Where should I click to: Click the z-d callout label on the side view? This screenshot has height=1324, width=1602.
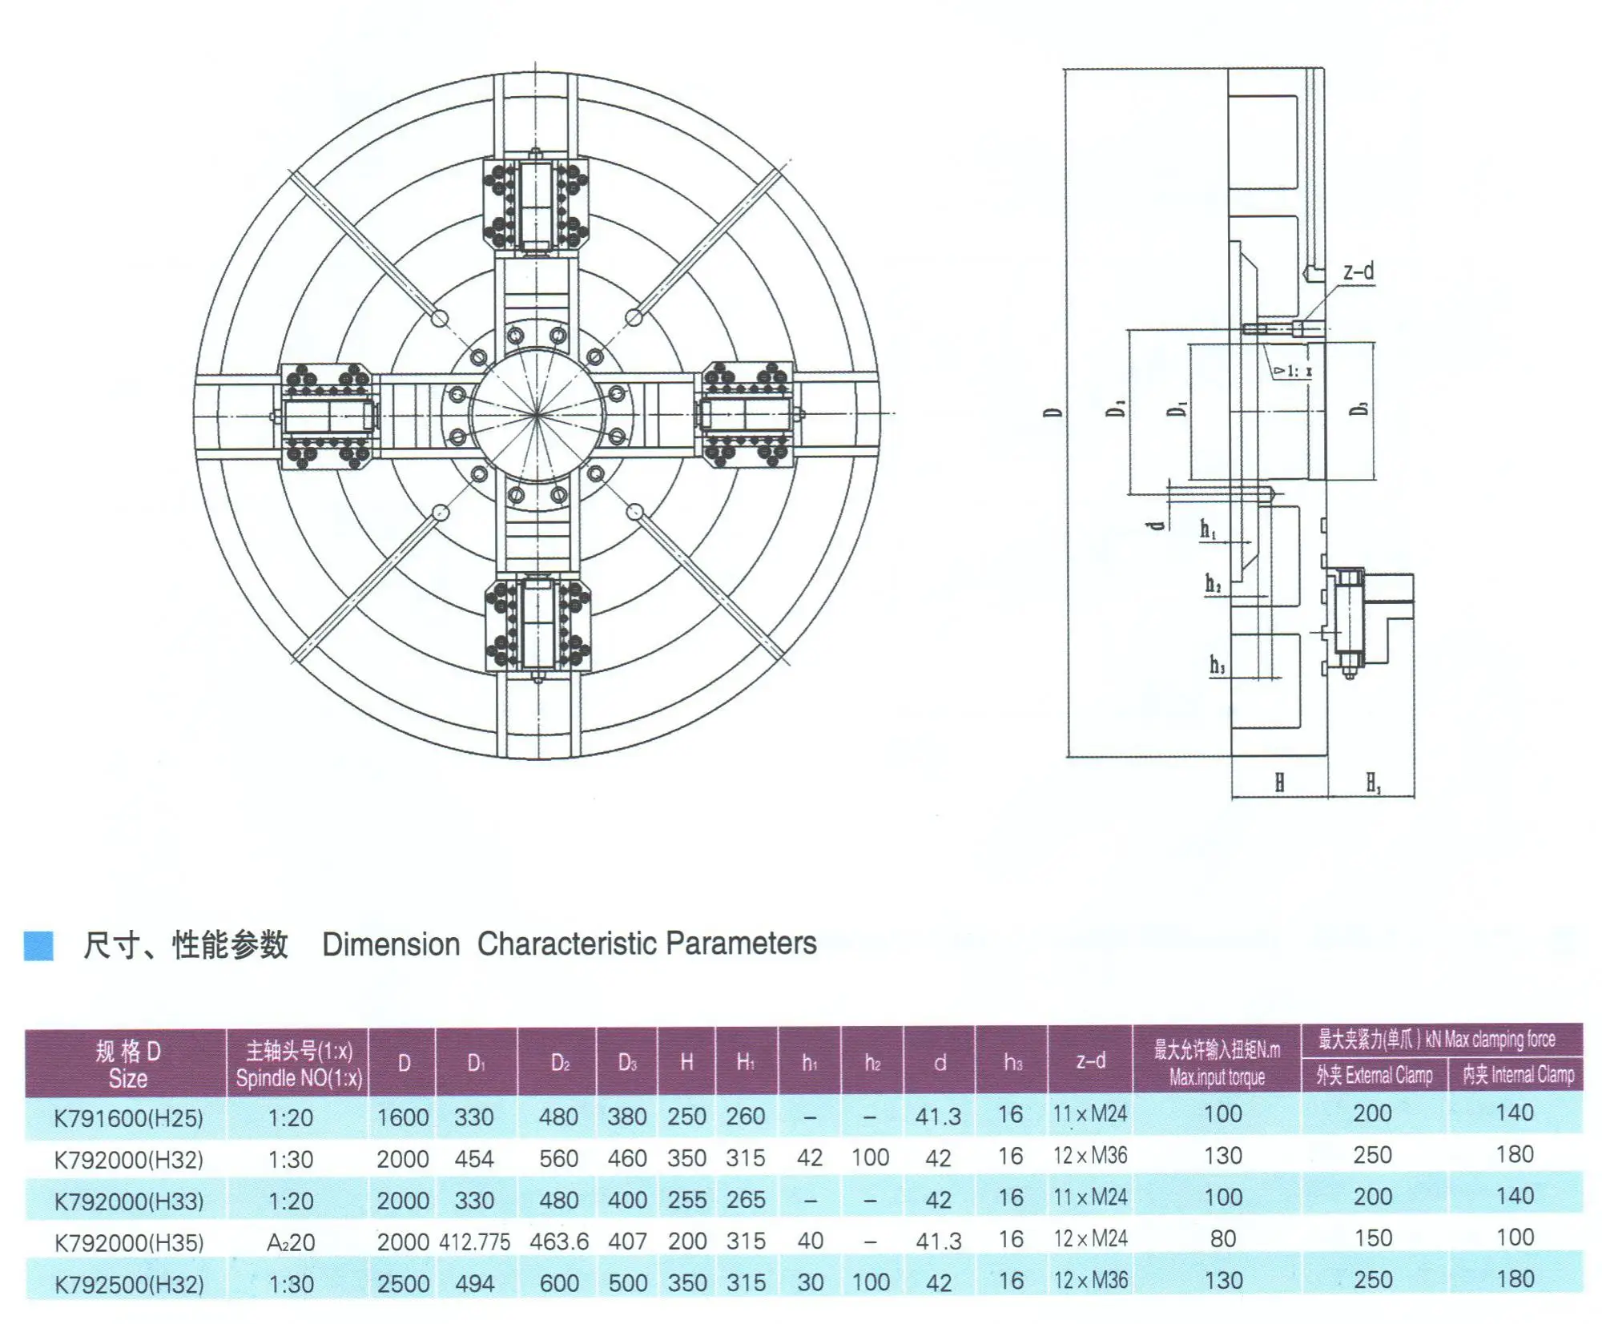pyautogui.click(x=1358, y=272)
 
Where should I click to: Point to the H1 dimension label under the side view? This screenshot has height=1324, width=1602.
pyautogui.click(x=1373, y=783)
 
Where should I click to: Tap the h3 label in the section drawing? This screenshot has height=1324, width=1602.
pyautogui.click(x=1217, y=664)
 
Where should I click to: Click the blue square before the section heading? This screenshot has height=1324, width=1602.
pyautogui.click(x=38, y=945)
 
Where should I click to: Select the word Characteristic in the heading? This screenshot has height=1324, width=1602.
pyautogui.click(x=568, y=944)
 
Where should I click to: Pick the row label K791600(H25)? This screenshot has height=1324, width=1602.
pyautogui.click(x=128, y=1117)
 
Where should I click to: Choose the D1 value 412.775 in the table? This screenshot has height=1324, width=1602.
pyautogui.click(x=474, y=1242)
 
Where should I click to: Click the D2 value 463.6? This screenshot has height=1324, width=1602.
pyautogui.click(x=559, y=1242)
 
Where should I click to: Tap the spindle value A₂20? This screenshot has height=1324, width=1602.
pyautogui.click(x=291, y=1242)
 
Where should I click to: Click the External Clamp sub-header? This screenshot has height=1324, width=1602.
pyautogui.click(x=1374, y=1075)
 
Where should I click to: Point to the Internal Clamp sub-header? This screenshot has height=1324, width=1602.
pyautogui.click(x=1518, y=1074)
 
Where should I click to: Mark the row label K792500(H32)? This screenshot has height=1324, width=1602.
pyautogui.click(x=128, y=1284)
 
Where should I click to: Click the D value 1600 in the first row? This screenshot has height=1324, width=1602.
pyautogui.click(x=403, y=1117)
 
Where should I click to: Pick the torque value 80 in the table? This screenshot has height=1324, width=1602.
pyautogui.click(x=1222, y=1239)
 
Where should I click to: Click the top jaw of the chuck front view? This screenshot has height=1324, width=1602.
pyautogui.click(x=536, y=205)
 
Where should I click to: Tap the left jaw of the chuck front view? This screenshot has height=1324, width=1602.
pyautogui.click(x=325, y=415)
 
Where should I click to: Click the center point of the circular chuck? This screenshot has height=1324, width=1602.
pyautogui.click(x=537, y=414)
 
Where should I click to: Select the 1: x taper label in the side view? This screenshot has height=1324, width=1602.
pyautogui.click(x=1293, y=371)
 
